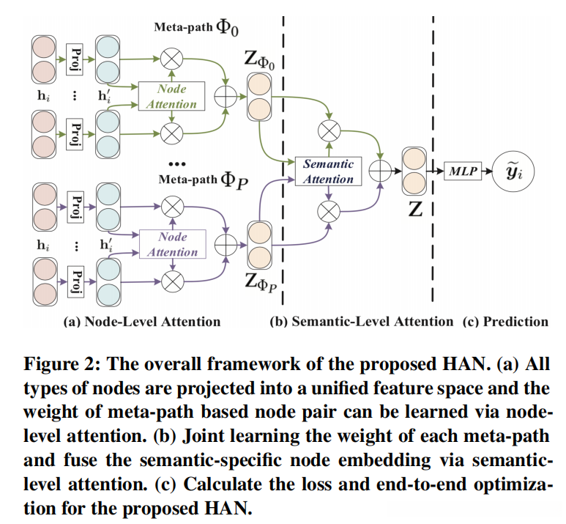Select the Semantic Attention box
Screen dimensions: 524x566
[x=328, y=171]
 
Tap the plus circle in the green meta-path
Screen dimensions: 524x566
[x=224, y=96]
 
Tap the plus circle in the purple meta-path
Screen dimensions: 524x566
[x=224, y=243]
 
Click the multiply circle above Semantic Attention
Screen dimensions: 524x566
[x=327, y=130]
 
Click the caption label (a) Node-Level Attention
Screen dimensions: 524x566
[x=142, y=321]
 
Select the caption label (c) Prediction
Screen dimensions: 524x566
[x=505, y=321]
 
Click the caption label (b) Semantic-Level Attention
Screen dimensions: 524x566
[x=362, y=321]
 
